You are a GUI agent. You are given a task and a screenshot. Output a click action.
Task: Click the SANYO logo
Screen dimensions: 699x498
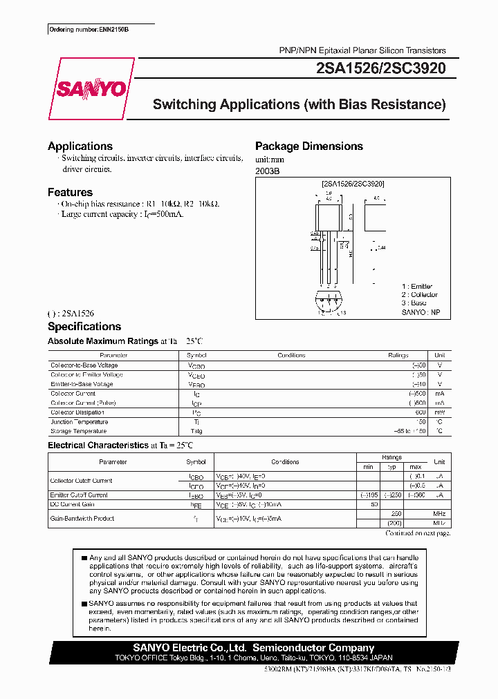point(91,89)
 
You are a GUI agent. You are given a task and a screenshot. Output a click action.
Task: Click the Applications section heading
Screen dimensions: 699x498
point(80,146)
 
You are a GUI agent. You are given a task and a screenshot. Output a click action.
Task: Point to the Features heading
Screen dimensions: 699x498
point(70,193)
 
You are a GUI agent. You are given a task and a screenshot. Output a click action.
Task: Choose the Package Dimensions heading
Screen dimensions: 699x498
point(309,146)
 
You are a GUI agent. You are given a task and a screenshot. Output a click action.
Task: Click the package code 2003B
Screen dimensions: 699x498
point(268,171)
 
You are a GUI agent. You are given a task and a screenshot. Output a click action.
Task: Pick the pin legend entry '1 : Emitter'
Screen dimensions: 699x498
point(417,286)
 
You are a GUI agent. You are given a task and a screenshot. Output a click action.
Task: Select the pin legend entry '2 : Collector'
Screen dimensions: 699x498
point(420,295)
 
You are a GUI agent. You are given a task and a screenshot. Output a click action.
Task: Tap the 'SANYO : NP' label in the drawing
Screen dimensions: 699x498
point(421,313)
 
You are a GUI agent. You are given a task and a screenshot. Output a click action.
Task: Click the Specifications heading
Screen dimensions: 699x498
point(84,327)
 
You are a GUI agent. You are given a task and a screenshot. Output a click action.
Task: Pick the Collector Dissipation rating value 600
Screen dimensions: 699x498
point(420,412)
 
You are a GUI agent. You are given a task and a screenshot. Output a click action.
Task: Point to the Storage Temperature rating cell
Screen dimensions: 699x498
point(409,431)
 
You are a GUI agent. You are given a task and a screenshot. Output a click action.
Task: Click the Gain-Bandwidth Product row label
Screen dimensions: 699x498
point(82,518)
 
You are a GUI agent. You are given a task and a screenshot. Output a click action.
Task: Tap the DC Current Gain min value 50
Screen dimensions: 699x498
point(373,505)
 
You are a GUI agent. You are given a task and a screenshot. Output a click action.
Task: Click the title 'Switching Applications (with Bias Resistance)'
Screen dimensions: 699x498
point(299,105)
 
